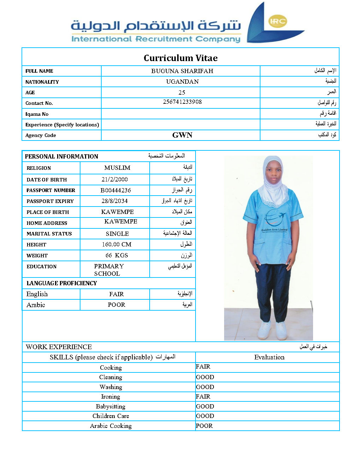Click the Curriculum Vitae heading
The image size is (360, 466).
[180, 58]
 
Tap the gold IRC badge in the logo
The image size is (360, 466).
[277, 21]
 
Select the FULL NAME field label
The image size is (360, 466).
[39, 71]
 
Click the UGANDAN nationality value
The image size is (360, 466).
[182, 82]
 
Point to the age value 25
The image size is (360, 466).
[182, 92]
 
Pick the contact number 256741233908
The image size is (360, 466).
[182, 102]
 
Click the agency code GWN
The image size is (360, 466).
[182, 135]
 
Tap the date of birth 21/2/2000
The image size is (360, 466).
[115, 179]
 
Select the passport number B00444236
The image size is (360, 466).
[116, 190]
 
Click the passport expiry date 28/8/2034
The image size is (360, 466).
[115, 201]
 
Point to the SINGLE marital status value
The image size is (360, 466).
[117, 234]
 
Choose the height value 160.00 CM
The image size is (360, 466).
[116, 244]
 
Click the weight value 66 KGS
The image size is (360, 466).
[116, 255]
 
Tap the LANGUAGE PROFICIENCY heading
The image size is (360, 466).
[62, 283]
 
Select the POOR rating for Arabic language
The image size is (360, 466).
[116, 305]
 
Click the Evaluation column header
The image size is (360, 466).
[269, 357]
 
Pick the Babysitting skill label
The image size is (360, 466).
[110, 406]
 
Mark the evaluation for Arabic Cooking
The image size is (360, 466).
[204, 426]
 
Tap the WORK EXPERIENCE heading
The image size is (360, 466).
[59, 347]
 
